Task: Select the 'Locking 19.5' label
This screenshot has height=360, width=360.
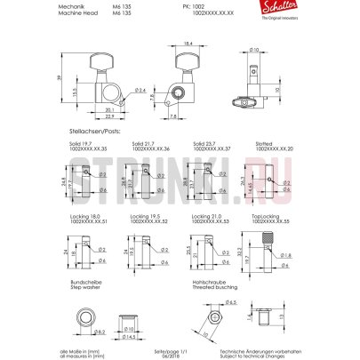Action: tap(145, 215)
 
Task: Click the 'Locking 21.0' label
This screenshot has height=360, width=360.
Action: tap(206, 215)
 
